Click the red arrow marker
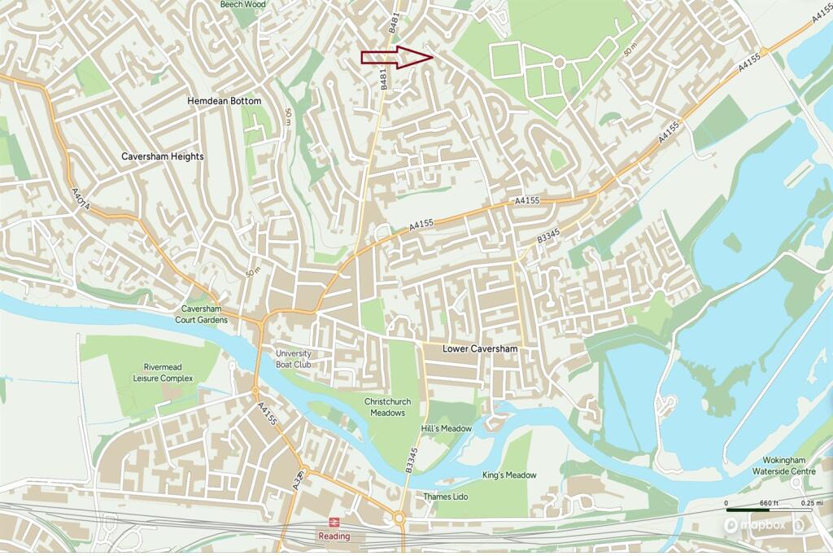pyautogui.click(x=396, y=56)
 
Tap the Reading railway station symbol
pyautogui.click(x=334, y=522)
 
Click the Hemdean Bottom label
pyautogui.click(x=224, y=101)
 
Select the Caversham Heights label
pyautogui.click(x=163, y=156)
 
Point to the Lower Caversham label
pyautogui.click(x=480, y=348)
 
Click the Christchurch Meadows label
pyautogui.click(x=385, y=408)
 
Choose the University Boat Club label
pyautogui.click(x=294, y=359)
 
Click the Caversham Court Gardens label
pyautogui.click(x=203, y=315)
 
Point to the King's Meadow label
pyautogui.click(x=510, y=475)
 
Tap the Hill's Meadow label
pyautogui.click(x=447, y=429)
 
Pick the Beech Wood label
pyautogui.click(x=242, y=4)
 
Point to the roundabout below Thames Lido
pyautogui.click(x=399, y=518)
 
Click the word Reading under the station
pyautogui.click(x=334, y=536)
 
